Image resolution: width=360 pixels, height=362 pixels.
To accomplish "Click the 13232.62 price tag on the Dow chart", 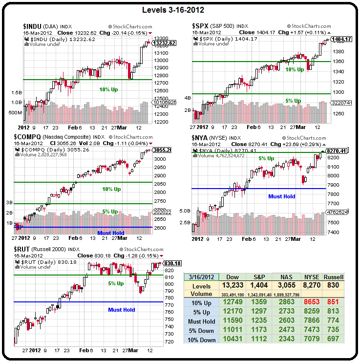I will point(164,43).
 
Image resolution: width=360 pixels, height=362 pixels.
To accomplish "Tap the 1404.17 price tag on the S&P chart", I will point(341,39).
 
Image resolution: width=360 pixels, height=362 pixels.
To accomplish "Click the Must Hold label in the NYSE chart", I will point(282,196).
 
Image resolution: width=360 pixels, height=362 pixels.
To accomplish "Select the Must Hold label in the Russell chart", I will point(122,309).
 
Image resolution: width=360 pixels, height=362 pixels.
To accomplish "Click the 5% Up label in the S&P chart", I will point(293,101).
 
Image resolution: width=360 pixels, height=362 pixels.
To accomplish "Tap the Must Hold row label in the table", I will point(202,321).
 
